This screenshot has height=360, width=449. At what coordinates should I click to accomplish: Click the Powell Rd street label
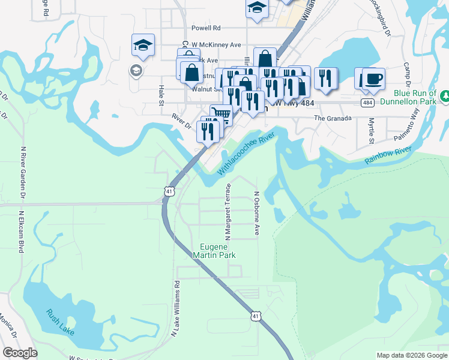point(206,28)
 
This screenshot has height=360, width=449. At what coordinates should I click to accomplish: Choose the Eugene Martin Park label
point(217,251)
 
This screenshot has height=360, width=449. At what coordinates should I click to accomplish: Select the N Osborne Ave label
point(256,213)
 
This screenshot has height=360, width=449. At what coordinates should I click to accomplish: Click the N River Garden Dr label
point(23,172)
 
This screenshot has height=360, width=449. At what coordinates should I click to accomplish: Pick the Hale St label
point(161,94)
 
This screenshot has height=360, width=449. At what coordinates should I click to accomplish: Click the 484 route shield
point(369,103)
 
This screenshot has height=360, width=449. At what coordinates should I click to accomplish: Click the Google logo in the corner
point(20,353)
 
